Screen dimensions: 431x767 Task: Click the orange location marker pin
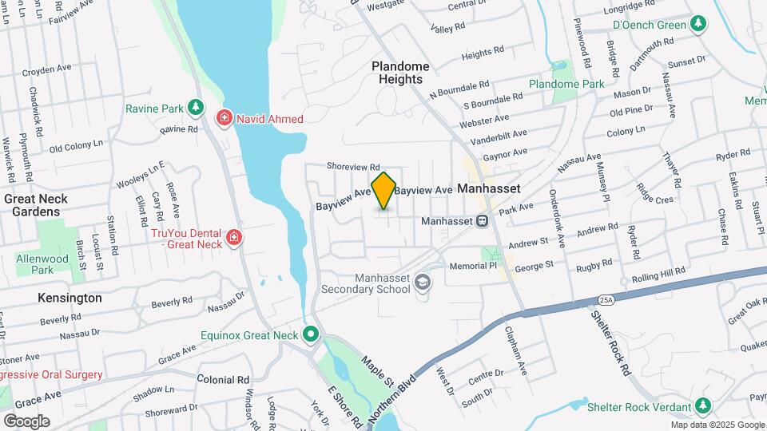(384, 190)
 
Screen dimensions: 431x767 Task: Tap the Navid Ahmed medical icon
(225, 119)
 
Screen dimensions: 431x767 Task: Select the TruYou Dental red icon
(233, 237)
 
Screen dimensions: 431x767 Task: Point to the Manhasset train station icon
(483, 221)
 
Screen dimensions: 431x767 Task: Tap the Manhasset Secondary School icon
(423, 282)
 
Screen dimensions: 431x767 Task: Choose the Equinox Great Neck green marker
(312, 335)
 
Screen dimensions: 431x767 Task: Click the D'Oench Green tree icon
(698, 25)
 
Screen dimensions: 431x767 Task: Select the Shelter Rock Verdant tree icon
(703, 406)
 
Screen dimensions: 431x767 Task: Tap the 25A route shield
(605, 299)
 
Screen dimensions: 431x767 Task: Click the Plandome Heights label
(401, 73)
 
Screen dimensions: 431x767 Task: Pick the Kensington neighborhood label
(70, 298)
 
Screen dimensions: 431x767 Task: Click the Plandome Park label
(566, 84)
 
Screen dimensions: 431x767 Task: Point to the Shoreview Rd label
(352, 166)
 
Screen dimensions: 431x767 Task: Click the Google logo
(26, 421)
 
